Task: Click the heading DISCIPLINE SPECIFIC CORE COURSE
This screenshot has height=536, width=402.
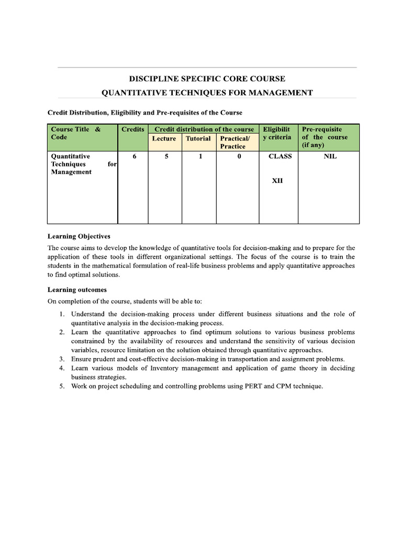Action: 207,79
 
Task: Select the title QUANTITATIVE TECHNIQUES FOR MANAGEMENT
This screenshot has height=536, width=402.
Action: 207,93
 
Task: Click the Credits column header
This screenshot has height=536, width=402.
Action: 133,129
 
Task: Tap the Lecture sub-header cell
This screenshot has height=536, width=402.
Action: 164,139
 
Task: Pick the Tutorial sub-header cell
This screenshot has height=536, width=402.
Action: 198,139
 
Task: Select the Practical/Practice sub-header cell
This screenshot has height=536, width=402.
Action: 234,142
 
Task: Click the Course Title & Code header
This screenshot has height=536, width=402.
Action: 75,133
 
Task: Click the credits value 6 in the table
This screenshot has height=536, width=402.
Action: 134,156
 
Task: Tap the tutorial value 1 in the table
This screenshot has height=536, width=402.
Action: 200,156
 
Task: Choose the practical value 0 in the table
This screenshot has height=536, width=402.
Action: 239,156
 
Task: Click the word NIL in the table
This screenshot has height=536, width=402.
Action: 330,156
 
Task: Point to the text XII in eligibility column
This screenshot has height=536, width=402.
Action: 277,181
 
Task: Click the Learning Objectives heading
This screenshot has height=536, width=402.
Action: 79,236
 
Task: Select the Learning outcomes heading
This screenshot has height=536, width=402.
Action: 77,289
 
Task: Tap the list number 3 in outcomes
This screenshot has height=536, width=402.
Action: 61,359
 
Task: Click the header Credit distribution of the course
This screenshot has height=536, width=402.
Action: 204,129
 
